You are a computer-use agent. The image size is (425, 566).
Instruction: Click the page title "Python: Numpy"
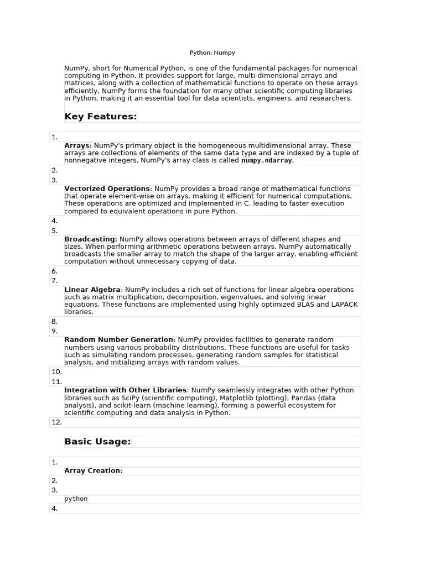click(x=212, y=53)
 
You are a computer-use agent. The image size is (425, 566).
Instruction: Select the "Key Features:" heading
click(x=100, y=117)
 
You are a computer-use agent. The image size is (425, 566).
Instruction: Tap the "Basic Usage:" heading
click(x=97, y=442)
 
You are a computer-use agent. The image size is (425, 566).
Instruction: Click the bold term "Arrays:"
click(x=78, y=146)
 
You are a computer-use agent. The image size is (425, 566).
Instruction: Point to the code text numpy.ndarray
click(x=267, y=161)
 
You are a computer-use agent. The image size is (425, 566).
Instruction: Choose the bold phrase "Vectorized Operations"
click(x=107, y=189)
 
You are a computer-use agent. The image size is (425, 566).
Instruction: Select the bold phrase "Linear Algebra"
click(x=92, y=290)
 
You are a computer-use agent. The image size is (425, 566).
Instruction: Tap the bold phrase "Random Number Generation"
click(x=118, y=340)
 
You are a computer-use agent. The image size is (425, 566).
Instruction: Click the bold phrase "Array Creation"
click(x=92, y=471)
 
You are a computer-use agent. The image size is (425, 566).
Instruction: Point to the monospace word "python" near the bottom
click(x=76, y=499)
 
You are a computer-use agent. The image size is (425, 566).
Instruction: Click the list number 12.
click(x=56, y=422)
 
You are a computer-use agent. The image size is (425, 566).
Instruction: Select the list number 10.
click(x=56, y=372)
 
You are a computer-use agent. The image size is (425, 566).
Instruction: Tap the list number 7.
click(x=54, y=281)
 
